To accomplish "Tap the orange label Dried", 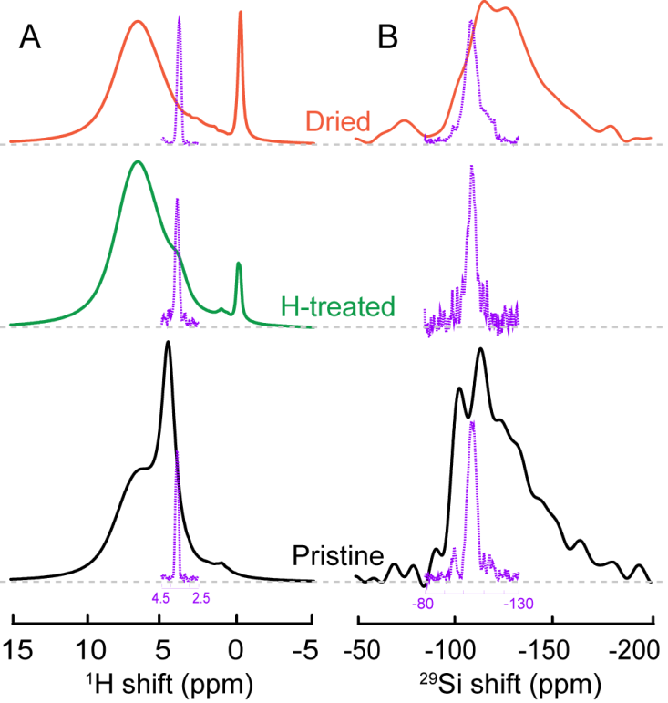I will [x=337, y=121].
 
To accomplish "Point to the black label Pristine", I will [x=337, y=555].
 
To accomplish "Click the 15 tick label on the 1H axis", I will [x=14, y=651].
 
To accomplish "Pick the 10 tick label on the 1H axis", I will [x=87, y=651].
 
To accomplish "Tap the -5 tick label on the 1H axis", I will [x=311, y=651].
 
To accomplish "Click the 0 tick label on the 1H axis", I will [x=237, y=651].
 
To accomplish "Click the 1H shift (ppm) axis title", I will [x=163, y=684].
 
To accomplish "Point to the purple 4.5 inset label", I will [x=160, y=599].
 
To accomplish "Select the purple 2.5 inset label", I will [x=201, y=599].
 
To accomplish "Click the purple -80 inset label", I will [x=423, y=603].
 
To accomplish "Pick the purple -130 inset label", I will [x=519, y=603].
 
